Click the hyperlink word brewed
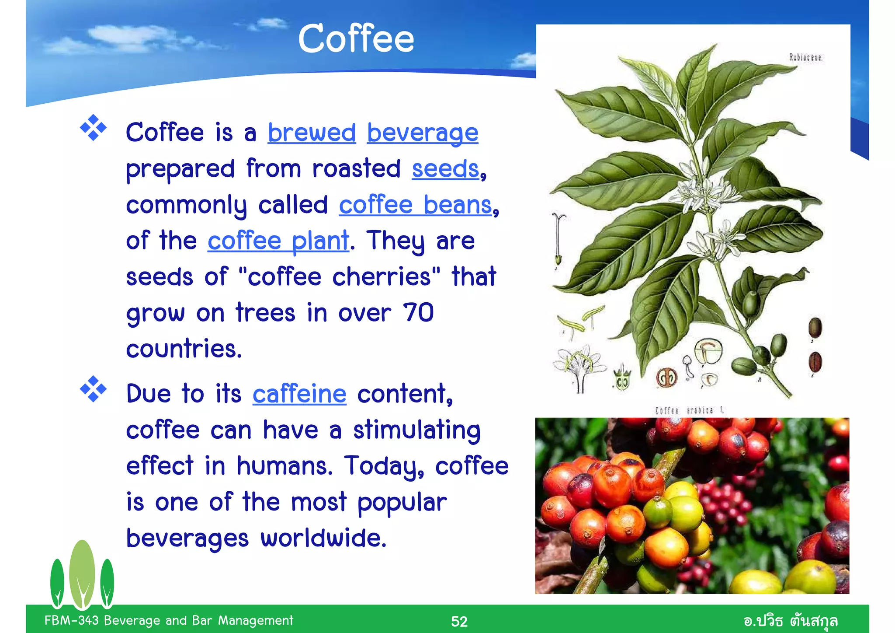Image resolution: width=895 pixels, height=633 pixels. [x=312, y=133]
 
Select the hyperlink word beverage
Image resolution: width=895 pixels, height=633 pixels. [x=422, y=133]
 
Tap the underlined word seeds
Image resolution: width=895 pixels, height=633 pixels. [x=445, y=169]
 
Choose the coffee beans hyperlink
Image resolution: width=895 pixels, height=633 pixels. [x=415, y=205]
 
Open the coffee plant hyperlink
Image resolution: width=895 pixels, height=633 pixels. [x=278, y=241]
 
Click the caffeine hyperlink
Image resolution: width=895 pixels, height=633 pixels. [x=299, y=394]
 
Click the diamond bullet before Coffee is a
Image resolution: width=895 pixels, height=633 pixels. [x=93, y=128]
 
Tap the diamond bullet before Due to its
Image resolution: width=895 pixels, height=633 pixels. [x=93, y=389]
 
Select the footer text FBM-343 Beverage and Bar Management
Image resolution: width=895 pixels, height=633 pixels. [x=169, y=620]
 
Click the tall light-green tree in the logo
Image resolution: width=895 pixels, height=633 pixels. [x=82, y=573]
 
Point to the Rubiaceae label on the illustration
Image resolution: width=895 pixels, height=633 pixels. [x=805, y=57]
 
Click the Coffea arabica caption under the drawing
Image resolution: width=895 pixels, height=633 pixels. [x=690, y=410]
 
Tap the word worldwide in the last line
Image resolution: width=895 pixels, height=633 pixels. [x=323, y=538]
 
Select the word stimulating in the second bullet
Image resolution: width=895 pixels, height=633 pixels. [x=417, y=430]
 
